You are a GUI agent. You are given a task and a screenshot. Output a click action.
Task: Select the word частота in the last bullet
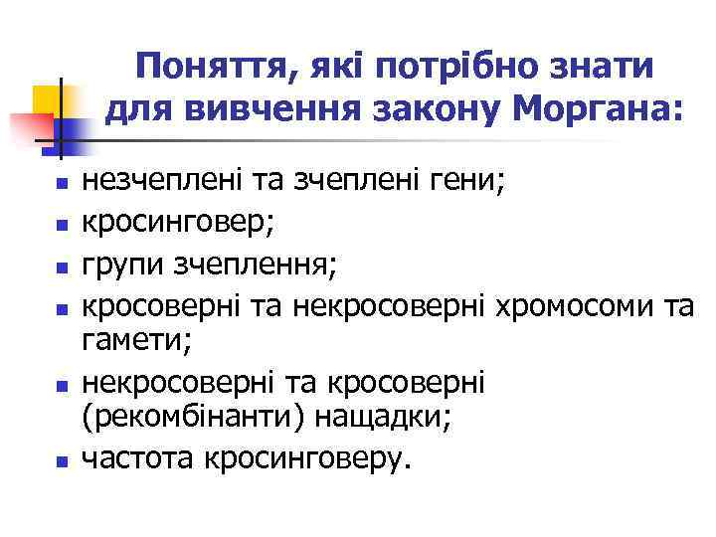(x=136, y=458)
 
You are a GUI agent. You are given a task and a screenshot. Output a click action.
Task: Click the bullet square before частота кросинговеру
(x=62, y=461)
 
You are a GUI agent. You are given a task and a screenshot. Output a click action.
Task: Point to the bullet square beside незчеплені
(x=62, y=184)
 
